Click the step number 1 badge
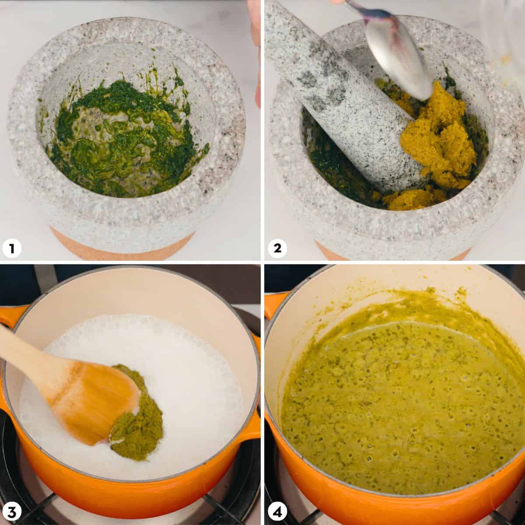(12, 249)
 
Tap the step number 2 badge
(277, 249)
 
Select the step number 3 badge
(12, 511)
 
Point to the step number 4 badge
(277, 511)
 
